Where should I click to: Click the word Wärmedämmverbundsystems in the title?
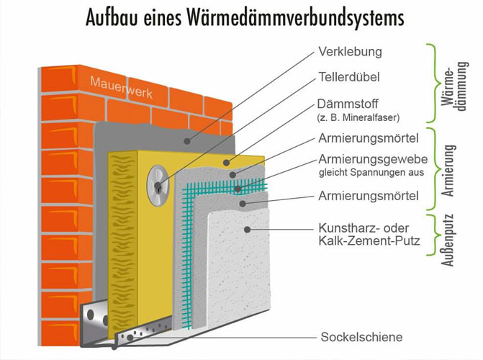point(295,17)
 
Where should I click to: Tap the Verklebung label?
point(351,51)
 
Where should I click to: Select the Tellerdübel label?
point(349,77)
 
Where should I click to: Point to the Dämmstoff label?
point(348,104)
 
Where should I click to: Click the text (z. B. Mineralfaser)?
point(358,117)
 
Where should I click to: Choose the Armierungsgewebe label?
point(373,159)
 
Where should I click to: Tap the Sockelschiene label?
point(361,337)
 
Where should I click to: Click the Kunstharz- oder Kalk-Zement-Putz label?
point(369,234)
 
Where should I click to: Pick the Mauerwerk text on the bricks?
point(122,88)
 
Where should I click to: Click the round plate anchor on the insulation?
point(158,186)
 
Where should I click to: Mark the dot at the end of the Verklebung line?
point(186,141)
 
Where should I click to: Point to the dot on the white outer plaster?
point(247,229)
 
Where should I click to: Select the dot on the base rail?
point(130,338)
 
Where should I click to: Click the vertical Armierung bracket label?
point(448,171)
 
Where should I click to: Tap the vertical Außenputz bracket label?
point(447,240)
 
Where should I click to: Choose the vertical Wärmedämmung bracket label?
point(454,85)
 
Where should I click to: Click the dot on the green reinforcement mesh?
point(238,189)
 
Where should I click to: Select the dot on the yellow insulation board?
point(227,163)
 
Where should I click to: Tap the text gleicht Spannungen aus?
point(371,173)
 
